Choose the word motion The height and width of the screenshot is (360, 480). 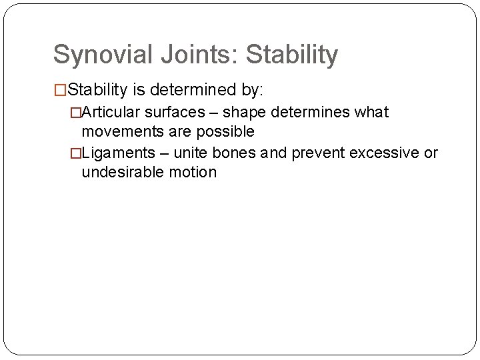click(195, 173)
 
